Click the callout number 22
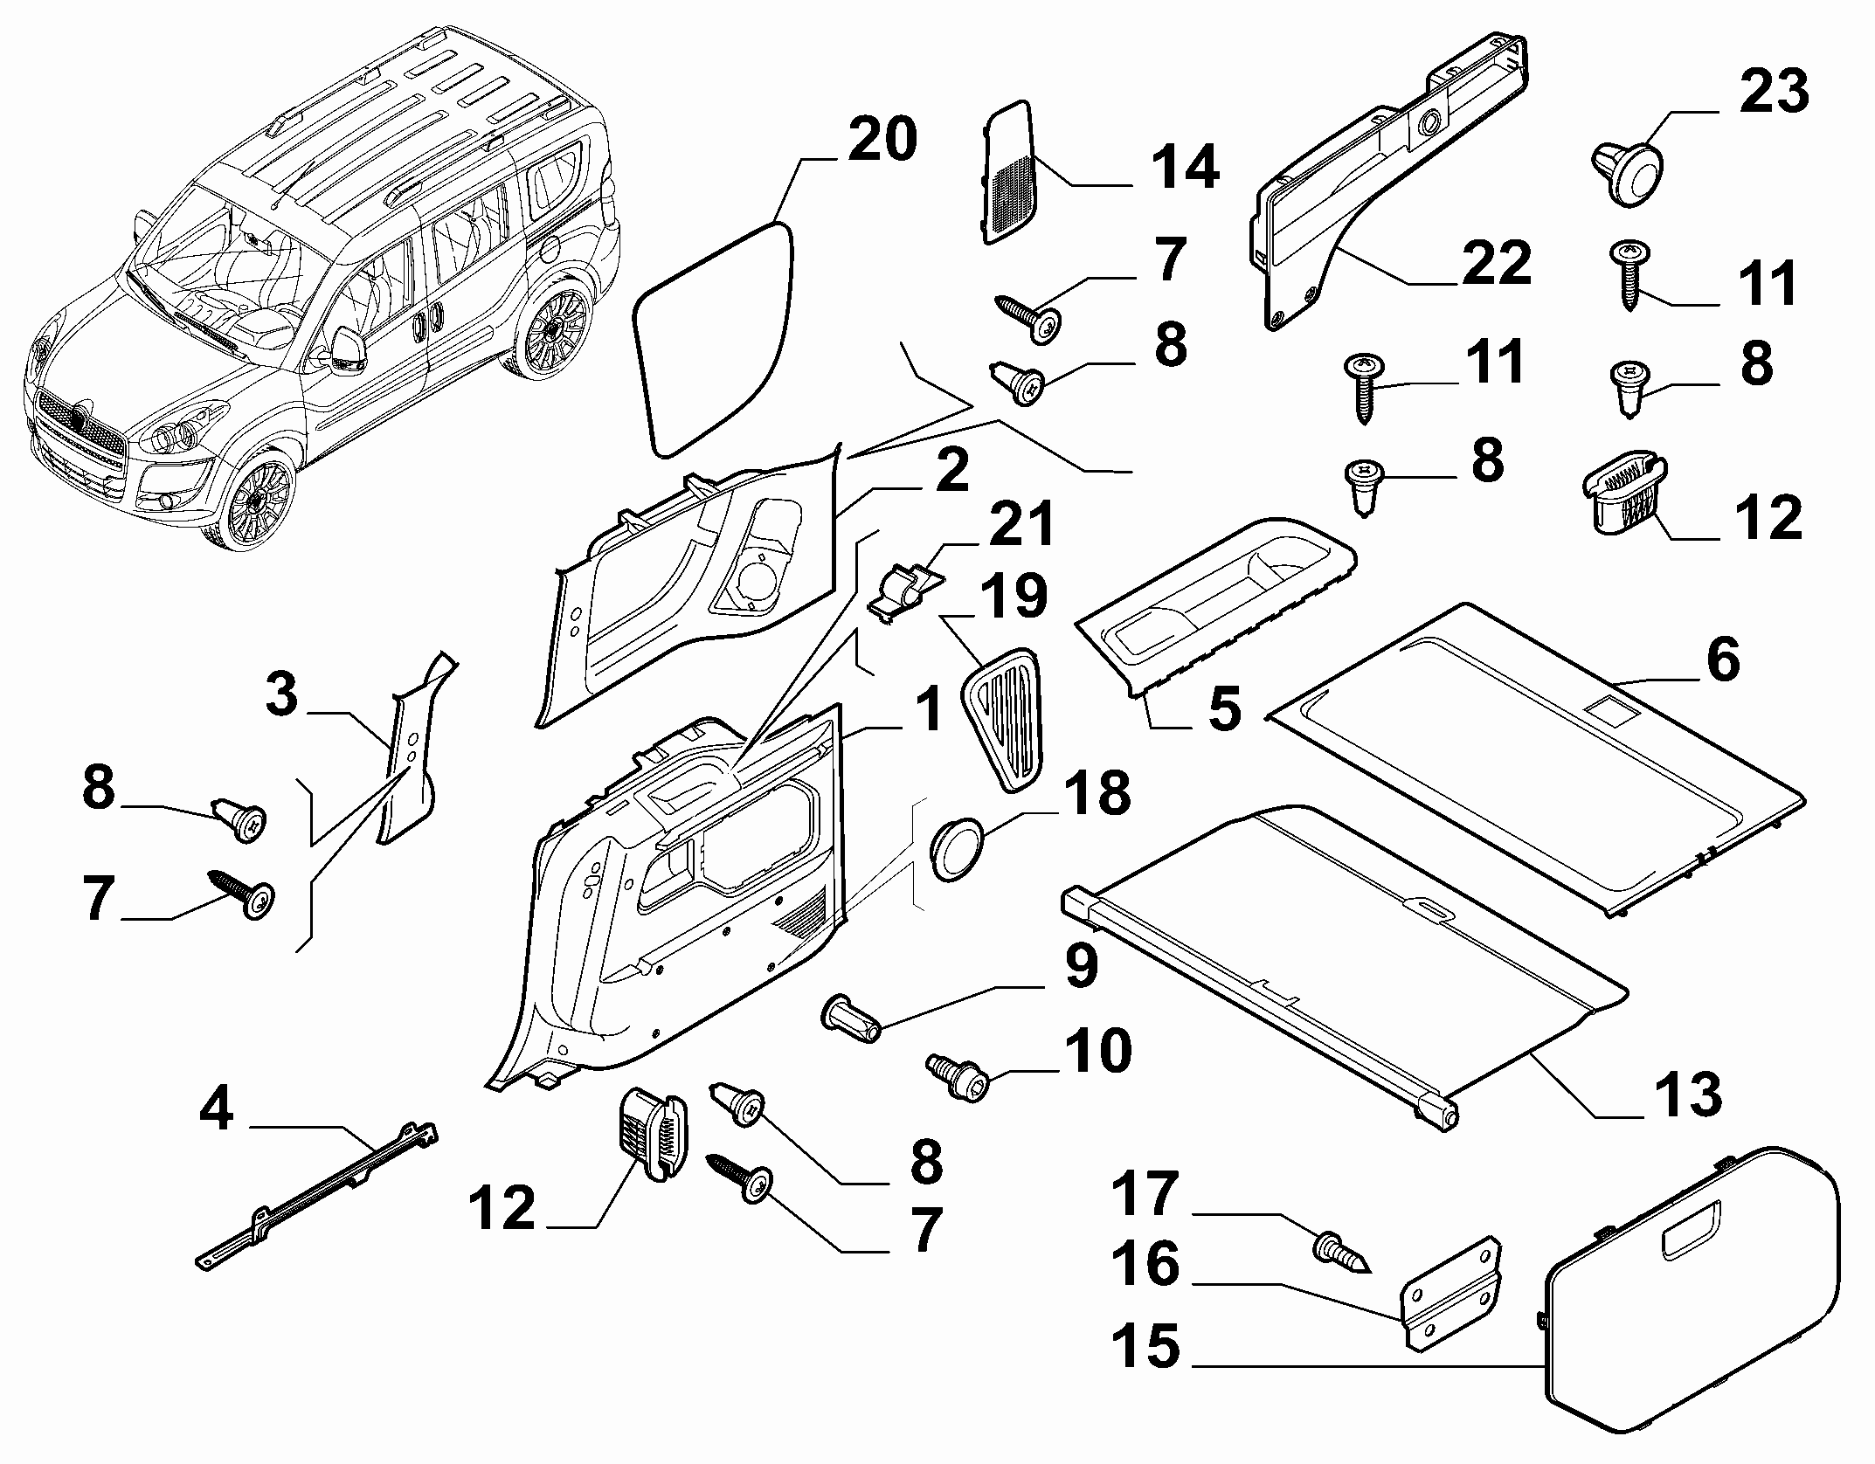pos(1496,263)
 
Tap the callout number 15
pos(1145,1345)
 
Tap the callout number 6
pos(1722,659)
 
